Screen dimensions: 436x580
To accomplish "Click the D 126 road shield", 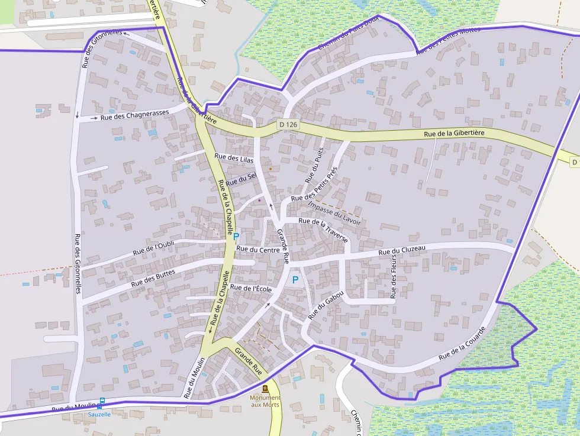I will pos(288,125).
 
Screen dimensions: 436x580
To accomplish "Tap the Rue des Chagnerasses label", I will pos(134,114).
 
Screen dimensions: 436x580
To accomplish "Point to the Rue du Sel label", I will pos(241,178).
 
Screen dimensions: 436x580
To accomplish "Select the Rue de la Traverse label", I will pos(323,230).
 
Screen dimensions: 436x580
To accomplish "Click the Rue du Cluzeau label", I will pos(402,251).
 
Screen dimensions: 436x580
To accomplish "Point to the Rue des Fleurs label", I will pos(393,278).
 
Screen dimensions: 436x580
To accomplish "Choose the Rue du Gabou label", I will pos(326,305).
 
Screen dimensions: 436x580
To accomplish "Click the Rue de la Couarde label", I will pos(462,345).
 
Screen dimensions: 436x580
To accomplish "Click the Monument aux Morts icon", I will pos(265,389).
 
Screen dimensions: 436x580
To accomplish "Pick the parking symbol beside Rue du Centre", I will pos(236,237).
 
